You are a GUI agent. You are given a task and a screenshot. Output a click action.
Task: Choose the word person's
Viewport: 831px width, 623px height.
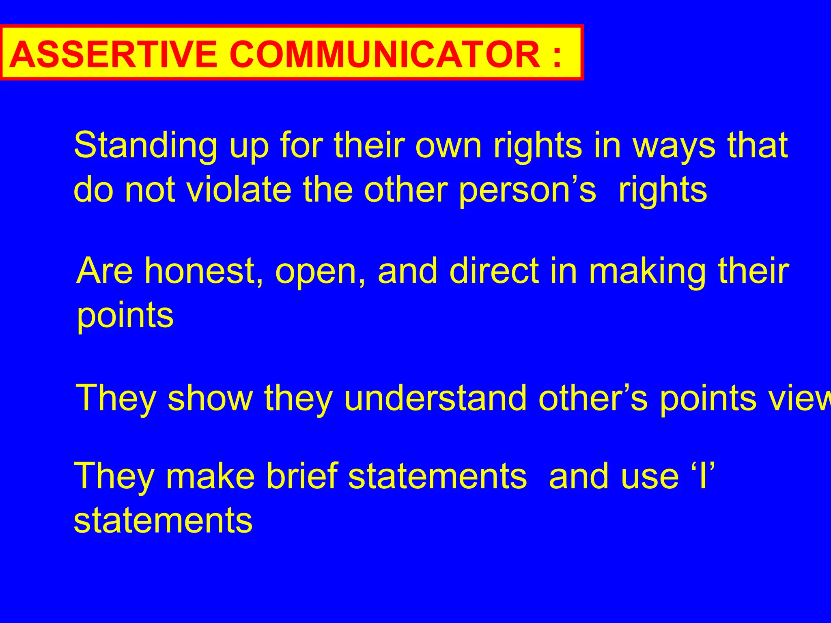pyautogui.click(x=527, y=191)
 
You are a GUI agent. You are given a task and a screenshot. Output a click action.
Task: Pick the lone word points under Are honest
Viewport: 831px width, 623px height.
pyautogui.click(x=125, y=316)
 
